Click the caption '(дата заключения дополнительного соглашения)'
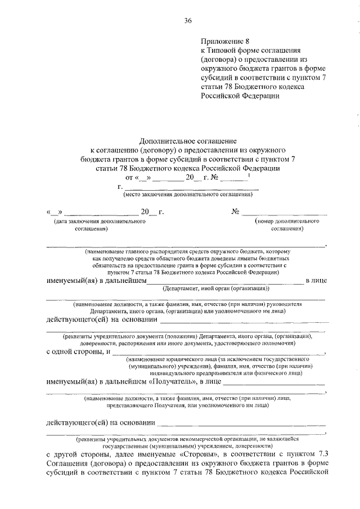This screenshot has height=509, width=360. (x=100, y=226)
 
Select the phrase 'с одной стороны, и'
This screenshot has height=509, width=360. (x=77, y=352)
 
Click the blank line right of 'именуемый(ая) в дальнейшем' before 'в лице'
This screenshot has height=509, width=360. (x=225, y=281)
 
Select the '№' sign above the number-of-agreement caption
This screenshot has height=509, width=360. (x=236, y=211)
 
